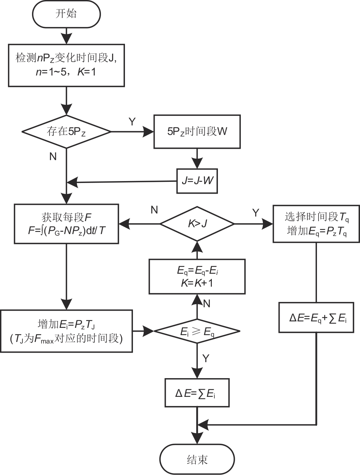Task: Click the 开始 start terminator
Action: (66, 14)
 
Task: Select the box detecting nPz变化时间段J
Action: (66, 65)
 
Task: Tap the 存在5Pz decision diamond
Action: (66, 132)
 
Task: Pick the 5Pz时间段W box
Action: (197, 132)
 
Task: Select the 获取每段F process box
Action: (66, 223)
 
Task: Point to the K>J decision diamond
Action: (197, 223)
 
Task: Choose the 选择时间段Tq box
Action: (316, 223)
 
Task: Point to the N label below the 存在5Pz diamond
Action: (53, 157)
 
